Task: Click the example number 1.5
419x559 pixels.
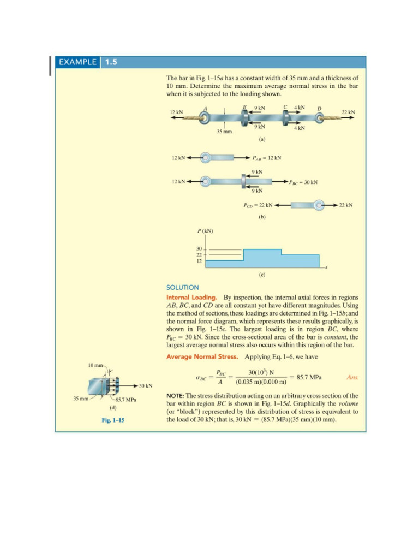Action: [111, 62]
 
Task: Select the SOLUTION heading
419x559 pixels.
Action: [182, 287]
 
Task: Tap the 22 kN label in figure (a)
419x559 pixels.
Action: [348, 112]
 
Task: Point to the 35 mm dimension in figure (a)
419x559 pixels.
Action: [224, 132]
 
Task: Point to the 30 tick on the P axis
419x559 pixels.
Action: [199, 249]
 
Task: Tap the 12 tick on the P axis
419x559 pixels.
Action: [199, 261]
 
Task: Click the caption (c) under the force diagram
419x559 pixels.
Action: [262, 276]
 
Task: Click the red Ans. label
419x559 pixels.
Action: [353, 377]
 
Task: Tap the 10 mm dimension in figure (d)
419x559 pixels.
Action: [94, 364]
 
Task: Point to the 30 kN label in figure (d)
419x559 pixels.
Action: [145, 386]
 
